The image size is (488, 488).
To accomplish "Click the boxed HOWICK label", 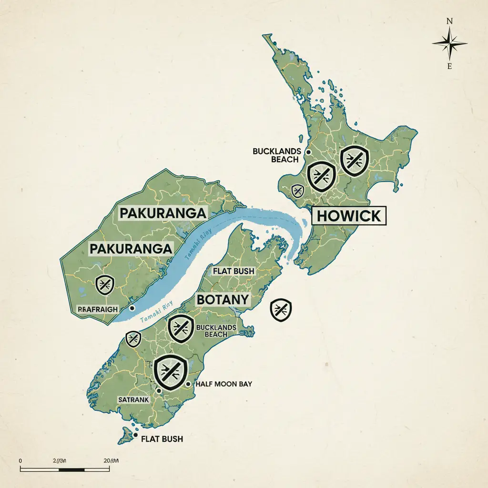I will click(349, 216).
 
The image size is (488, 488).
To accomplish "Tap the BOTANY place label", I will click(223, 299).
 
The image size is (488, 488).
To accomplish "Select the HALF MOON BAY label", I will click(224, 384).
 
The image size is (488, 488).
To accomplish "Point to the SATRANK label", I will click(133, 400).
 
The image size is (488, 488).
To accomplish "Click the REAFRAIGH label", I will click(97, 309).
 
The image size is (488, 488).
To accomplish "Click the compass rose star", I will click(449, 43).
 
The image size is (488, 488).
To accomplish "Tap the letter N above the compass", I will click(449, 21).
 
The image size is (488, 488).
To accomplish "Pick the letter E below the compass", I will click(449, 66).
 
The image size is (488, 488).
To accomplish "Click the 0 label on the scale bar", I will click(21, 460).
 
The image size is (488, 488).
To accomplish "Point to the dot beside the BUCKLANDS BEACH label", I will click(308, 152).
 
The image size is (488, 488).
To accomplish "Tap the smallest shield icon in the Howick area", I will click(297, 191).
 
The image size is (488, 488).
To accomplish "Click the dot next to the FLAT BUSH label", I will click(136, 436).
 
